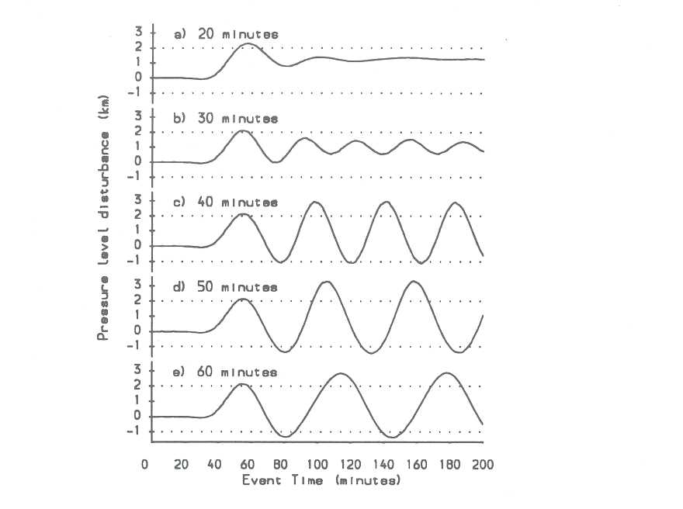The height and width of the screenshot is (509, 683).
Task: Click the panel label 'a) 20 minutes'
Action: pos(225,34)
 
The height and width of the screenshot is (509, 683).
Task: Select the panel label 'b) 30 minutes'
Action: pos(225,119)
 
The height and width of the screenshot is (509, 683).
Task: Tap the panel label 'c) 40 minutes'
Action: pos(225,203)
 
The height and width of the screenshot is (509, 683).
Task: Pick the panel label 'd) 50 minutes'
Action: pos(225,287)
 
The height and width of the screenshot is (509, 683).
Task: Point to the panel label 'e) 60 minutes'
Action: pos(225,372)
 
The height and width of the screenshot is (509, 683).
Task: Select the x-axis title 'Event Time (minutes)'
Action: pos(321,480)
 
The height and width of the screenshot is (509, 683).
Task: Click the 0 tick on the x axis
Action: pos(144,465)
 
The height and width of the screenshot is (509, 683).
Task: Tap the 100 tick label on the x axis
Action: pos(318,465)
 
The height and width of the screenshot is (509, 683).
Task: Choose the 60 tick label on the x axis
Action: pos(248,465)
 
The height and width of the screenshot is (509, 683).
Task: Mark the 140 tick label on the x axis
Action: pos(386,465)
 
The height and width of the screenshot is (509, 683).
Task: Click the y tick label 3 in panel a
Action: pos(140,32)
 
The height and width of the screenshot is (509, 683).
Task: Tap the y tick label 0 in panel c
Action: pos(140,246)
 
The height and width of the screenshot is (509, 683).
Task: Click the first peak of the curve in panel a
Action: pos(246,44)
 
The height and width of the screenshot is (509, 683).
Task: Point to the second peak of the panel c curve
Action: pos(315,202)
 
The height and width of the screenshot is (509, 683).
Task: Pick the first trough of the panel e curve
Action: pos(286,437)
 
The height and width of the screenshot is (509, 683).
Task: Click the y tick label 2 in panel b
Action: pos(140,132)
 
